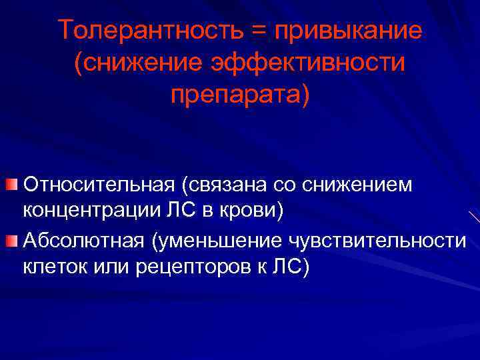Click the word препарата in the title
237,95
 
